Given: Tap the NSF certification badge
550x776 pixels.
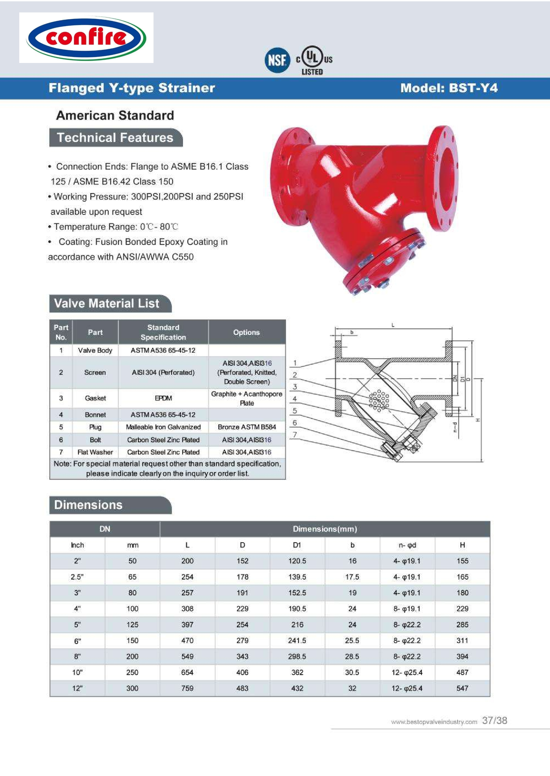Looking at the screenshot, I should [277, 60].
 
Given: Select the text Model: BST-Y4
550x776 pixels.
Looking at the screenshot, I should [449, 88].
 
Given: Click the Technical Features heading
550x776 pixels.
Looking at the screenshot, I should [115, 138].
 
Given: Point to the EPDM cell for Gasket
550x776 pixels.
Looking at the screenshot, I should [163, 398].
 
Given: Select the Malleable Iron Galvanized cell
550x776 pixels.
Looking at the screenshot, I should [163, 427].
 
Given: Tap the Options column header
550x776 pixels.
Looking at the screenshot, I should [246, 332].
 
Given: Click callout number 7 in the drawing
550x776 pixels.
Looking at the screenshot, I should [295, 435].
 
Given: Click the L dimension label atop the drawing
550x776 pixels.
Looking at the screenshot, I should [393, 325].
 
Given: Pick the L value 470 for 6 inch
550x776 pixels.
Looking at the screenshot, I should [187, 640].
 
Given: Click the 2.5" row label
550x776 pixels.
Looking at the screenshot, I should [77, 577].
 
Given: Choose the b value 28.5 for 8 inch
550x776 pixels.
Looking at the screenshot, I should [352, 656].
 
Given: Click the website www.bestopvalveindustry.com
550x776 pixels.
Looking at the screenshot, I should [434, 722].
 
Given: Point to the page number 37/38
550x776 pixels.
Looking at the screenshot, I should [494, 720].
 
